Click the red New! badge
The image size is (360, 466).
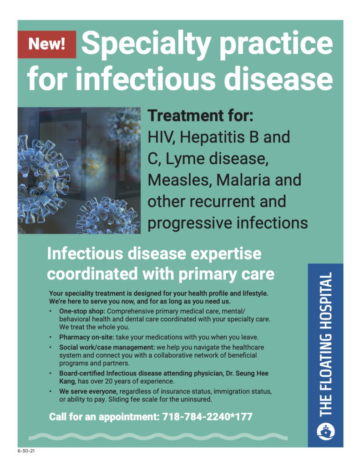(47, 44)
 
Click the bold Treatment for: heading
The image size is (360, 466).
(200, 115)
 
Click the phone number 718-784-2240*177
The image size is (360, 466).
(208, 416)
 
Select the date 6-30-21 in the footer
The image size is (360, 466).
(26, 451)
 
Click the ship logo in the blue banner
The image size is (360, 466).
(325, 432)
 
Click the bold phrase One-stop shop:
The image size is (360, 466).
(82, 311)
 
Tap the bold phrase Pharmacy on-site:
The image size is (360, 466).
(87, 337)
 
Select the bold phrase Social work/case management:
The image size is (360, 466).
(107, 347)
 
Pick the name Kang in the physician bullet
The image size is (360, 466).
(67, 381)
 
